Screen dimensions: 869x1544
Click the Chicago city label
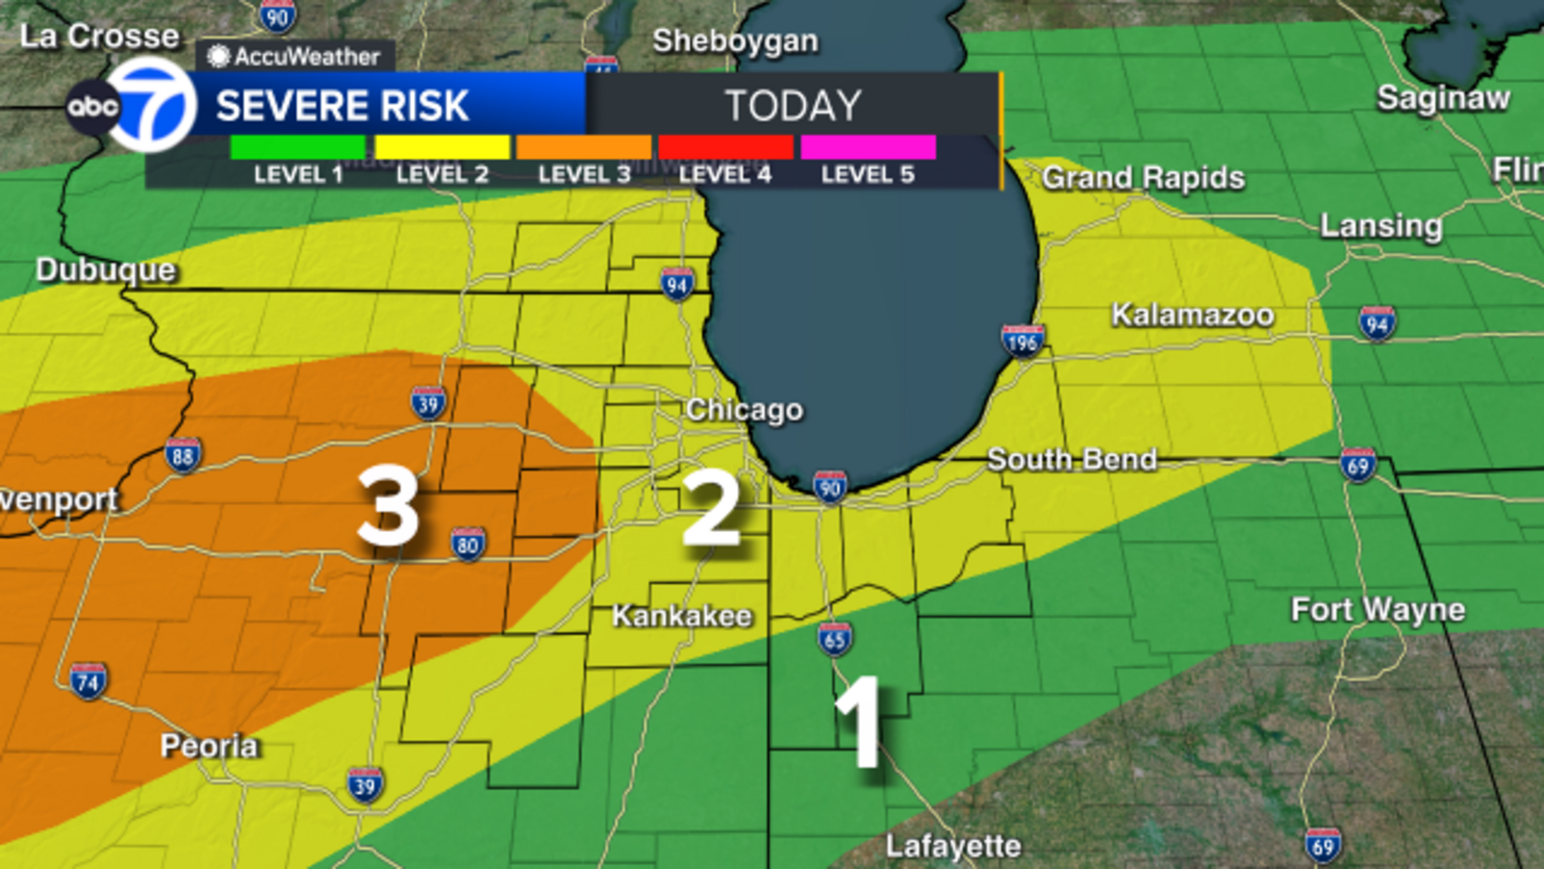(x=744, y=409)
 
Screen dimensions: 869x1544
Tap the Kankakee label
(x=682, y=615)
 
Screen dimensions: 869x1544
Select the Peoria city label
(x=209, y=745)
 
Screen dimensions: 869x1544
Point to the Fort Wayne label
(x=1378, y=609)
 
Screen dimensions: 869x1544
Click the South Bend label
(x=1071, y=460)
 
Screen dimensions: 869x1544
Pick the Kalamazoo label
(x=1193, y=315)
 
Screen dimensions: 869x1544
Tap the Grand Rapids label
(x=1144, y=178)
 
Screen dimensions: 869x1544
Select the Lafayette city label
(x=953, y=846)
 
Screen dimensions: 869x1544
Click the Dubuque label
(x=106, y=269)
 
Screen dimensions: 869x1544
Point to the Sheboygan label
(x=735, y=41)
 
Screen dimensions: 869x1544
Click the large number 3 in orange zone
(x=388, y=506)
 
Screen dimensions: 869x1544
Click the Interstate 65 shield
(x=835, y=638)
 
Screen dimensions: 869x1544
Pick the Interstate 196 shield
(x=1022, y=340)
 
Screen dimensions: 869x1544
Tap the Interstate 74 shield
(x=88, y=682)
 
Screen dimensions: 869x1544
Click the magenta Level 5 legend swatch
(x=868, y=147)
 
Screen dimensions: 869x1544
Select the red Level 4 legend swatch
(x=726, y=147)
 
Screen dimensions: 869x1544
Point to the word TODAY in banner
(x=793, y=105)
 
